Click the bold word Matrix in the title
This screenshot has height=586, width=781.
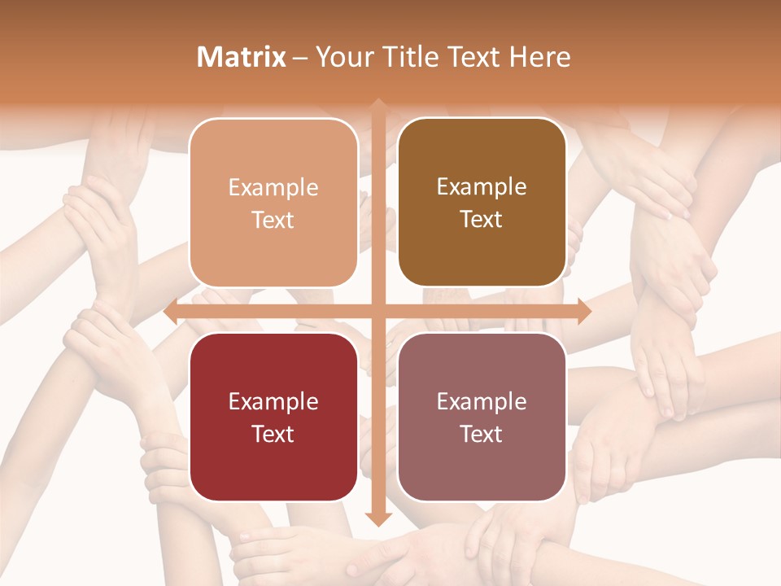point(242,57)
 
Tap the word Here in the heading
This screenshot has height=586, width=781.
point(539,57)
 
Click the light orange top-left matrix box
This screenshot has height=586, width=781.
point(273,203)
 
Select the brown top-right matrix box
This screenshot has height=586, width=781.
point(482,203)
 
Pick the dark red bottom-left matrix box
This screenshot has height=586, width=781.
point(273,418)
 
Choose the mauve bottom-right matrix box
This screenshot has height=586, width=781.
point(482,418)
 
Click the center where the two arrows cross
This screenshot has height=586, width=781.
point(377,312)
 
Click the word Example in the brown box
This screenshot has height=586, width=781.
point(482,187)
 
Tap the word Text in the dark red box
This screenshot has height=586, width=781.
point(273,434)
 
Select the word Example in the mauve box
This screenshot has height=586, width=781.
point(482,401)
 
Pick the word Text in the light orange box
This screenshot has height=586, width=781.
point(273,220)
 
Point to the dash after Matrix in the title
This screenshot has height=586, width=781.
point(300,58)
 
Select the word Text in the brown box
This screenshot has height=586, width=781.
point(482,220)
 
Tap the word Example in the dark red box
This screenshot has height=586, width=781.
point(273,401)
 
